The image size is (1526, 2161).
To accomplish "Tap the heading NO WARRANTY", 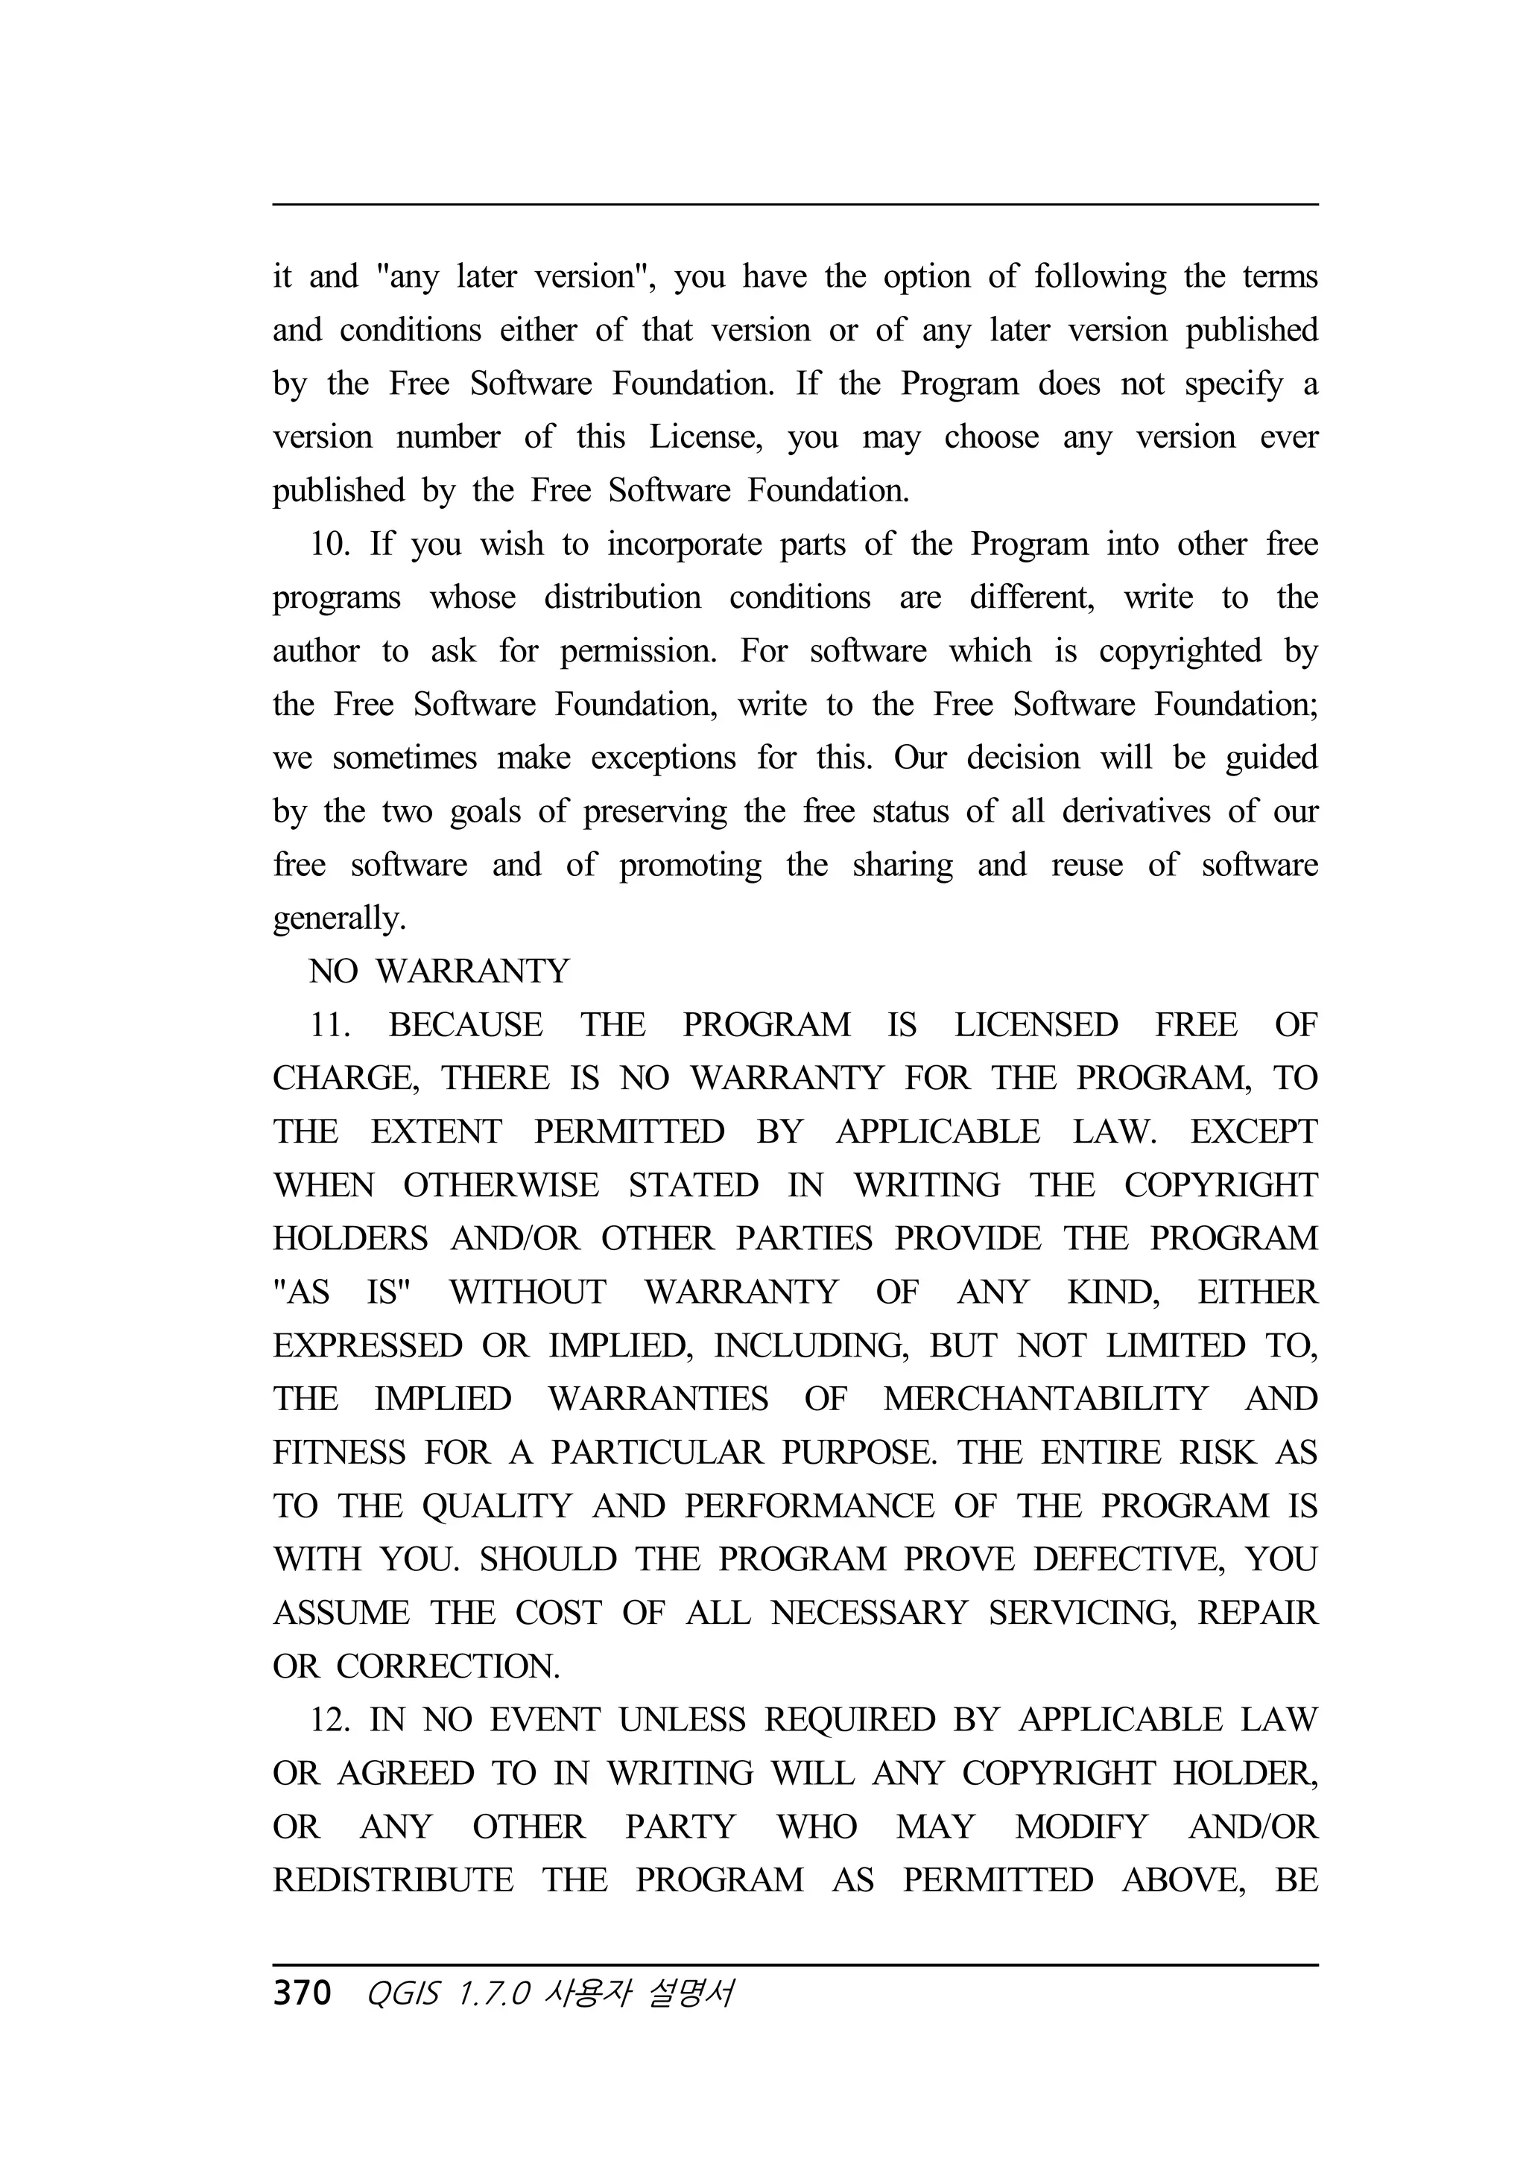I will (439, 971).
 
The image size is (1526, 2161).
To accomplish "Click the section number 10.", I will (329, 544).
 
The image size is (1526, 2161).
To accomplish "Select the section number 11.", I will (329, 1025).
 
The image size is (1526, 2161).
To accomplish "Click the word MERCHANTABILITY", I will (1045, 1400).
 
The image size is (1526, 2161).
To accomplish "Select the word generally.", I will (339, 918).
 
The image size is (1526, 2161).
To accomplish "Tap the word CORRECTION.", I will (448, 1667).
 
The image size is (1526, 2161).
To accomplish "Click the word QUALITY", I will (497, 1506).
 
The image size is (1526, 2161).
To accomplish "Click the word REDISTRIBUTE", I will (393, 1880).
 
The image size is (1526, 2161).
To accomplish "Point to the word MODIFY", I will (1080, 1827).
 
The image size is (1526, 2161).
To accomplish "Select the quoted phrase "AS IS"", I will (342, 1292).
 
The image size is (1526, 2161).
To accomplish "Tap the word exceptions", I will (662, 758).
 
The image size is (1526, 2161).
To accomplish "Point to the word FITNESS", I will (338, 1453).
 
